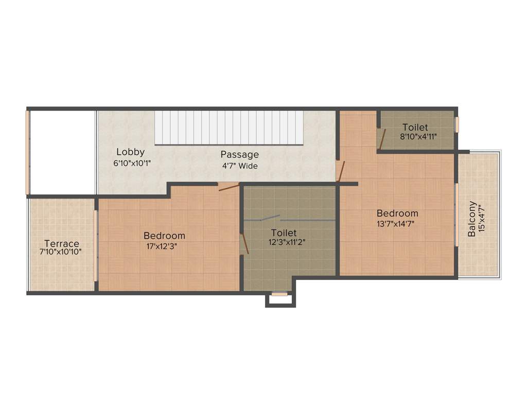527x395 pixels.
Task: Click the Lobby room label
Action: pos(130,152)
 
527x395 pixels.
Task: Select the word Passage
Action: pos(239,155)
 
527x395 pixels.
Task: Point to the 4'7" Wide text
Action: pos(240,166)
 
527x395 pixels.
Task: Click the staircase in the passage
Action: pos(229,128)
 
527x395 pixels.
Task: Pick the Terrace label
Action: pos(62,243)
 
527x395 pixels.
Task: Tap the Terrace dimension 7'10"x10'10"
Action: pos(62,252)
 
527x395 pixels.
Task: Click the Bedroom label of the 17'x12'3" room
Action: pos(164,236)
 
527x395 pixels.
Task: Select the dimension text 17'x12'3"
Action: pos(165,246)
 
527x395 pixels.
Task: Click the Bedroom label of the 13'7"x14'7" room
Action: pos(397,213)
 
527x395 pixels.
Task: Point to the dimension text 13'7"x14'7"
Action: pos(396,223)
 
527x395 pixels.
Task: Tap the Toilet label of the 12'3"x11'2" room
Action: pos(284,233)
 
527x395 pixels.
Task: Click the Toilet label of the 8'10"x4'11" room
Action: pos(415,127)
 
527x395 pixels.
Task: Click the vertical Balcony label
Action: pos(471,219)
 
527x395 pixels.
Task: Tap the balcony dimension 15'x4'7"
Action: pos(482,219)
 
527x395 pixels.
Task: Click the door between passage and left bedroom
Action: pos(228,186)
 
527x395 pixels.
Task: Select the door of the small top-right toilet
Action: pos(381,139)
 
